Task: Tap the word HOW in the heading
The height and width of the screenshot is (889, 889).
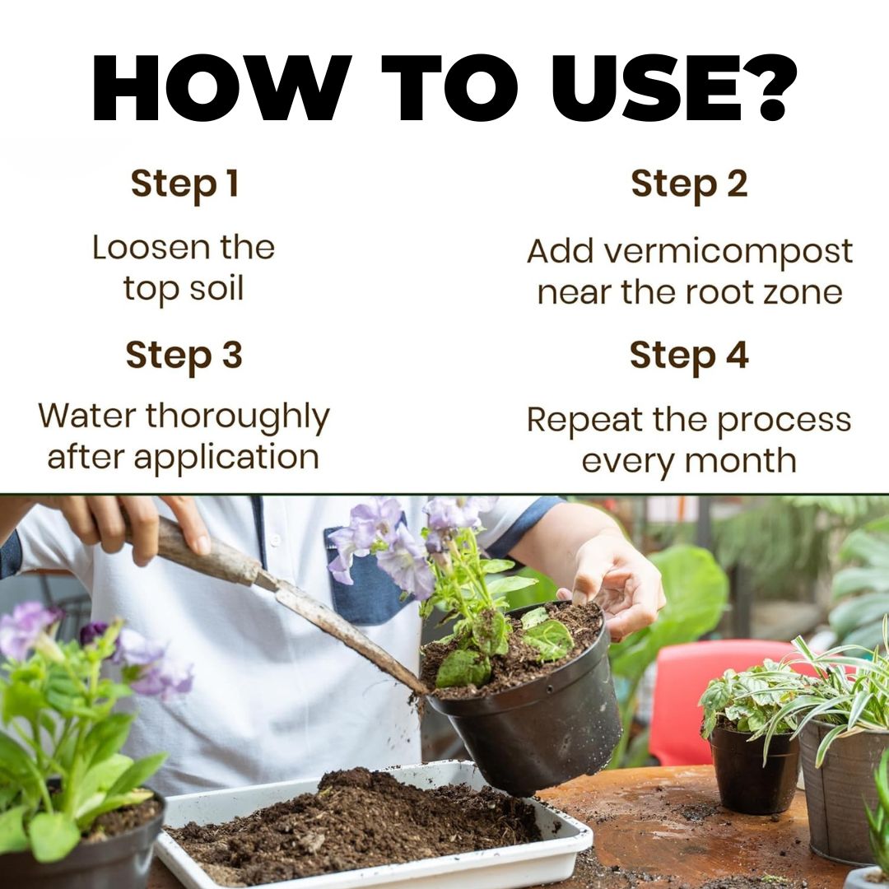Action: point(221,88)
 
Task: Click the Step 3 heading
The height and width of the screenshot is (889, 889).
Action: point(184,356)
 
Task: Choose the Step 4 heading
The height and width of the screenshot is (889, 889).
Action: point(689,356)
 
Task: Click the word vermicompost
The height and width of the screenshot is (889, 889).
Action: point(728,252)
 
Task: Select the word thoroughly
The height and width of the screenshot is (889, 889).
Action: point(238,417)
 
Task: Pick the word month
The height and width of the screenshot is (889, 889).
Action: point(741,460)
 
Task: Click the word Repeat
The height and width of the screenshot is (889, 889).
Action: point(584,421)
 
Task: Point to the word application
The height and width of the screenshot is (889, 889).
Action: point(226,458)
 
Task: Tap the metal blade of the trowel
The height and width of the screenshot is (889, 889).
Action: point(340,630)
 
